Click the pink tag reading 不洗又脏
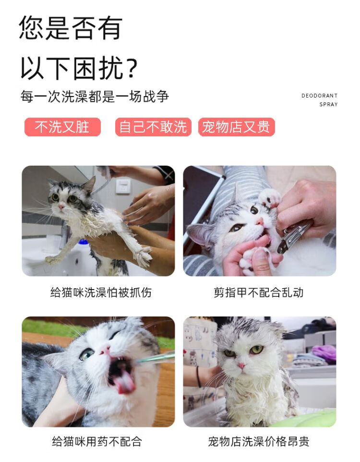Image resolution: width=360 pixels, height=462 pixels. click(x=62, y=127)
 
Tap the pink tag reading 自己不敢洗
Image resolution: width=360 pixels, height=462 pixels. click(x=153, y=127)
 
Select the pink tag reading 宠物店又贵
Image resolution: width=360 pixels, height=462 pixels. click(x=236, y=127)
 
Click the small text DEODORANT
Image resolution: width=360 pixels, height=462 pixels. click(x=319, y=96)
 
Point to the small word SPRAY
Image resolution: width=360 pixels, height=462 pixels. click(x=328, y=104)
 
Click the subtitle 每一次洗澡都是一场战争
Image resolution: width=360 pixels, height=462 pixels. click(x=95, y=97)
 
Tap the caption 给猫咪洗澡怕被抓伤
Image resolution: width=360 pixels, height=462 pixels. click(x=101, y=292)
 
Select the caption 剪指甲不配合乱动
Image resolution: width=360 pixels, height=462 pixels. click(x=259, y=292)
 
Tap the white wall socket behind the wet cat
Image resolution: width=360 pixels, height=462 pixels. click(x=123, y=186)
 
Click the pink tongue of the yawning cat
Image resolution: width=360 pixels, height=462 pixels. click(x=124, y=383)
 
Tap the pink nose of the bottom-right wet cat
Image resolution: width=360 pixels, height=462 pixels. click(x=241, y=366)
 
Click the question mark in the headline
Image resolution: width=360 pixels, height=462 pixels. click(x=132, y=67)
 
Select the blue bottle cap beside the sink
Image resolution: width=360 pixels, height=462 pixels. click(x=84, y=242)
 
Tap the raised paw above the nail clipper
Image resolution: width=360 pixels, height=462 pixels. click(x=270, y=197)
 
